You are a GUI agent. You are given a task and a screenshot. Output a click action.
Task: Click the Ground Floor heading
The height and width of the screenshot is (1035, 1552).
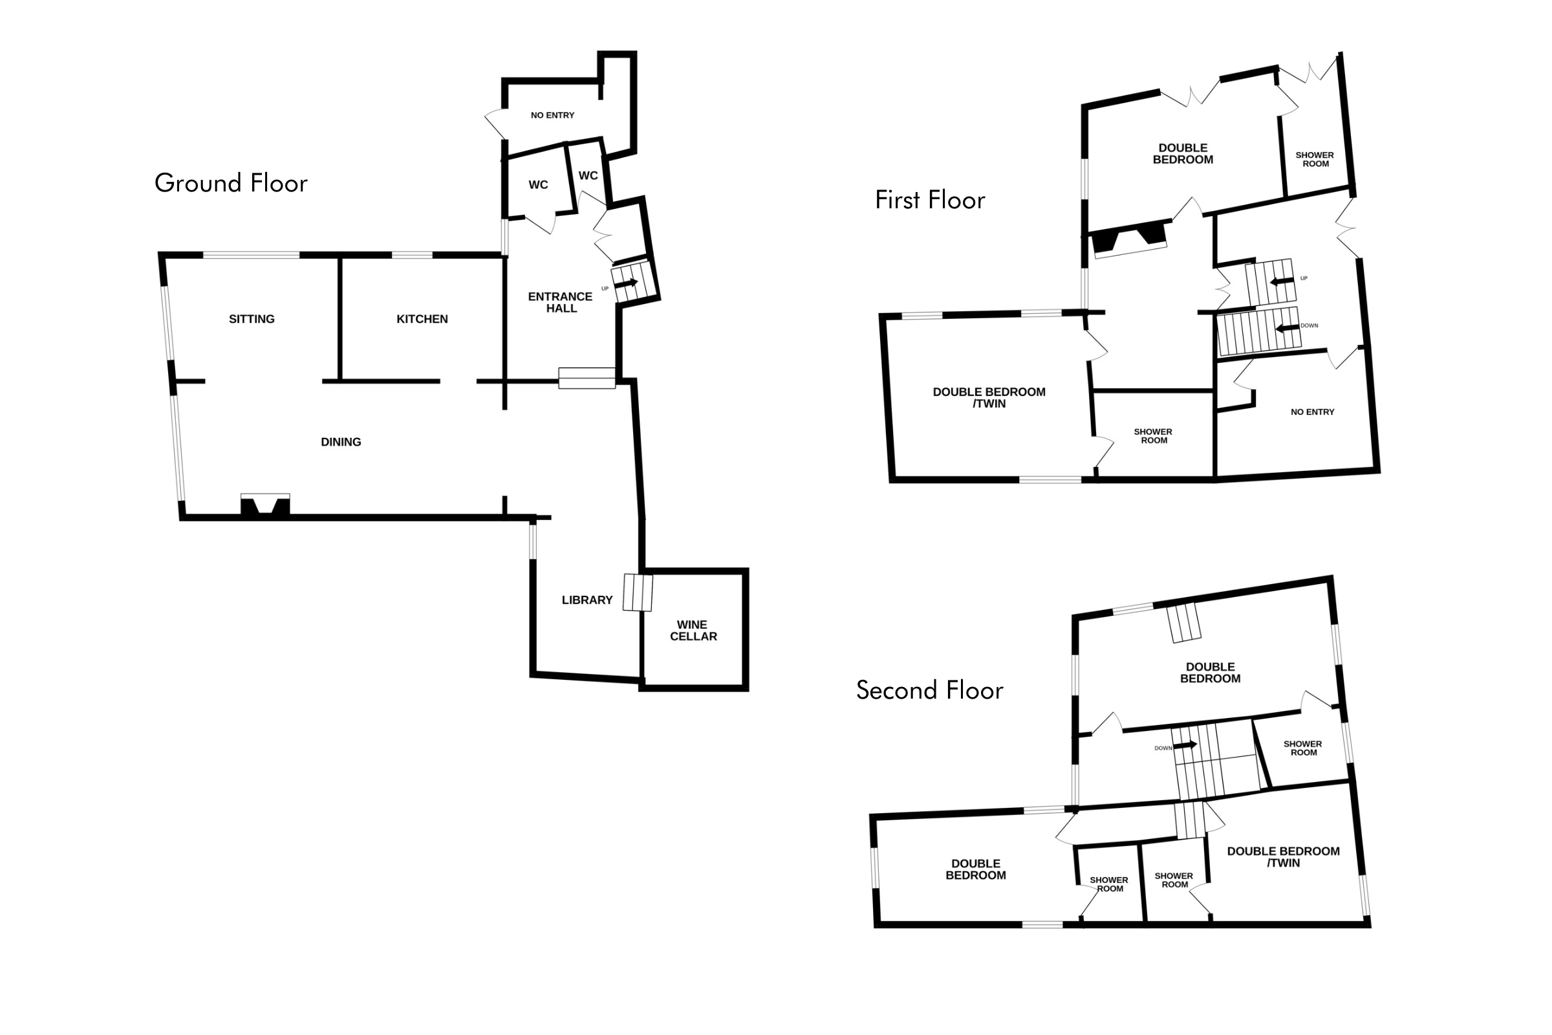coord(231,183)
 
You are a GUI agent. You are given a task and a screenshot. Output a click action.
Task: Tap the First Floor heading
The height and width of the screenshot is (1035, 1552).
coord(930,200)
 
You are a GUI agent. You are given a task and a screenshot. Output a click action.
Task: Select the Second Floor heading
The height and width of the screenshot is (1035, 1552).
coord(930,690)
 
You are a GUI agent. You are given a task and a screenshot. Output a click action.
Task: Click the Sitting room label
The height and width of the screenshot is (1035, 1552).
coord(252,320)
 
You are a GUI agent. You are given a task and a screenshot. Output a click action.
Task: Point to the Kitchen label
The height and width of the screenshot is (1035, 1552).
coord(422,320)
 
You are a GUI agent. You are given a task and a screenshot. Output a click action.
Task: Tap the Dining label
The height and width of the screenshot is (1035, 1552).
coord(341,442)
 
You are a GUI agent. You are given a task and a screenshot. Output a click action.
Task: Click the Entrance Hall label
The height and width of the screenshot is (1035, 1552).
coord(560,302)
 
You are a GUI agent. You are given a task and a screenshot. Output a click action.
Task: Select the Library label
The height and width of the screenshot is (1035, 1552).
coord(587,600)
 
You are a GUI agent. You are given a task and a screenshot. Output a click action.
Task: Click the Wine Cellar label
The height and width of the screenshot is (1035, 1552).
coord(693,630)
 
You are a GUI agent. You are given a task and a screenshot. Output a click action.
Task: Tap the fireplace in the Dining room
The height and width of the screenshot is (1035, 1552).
coord(265,505)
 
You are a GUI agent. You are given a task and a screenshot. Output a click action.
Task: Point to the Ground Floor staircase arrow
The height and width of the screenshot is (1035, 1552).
coord(627,283)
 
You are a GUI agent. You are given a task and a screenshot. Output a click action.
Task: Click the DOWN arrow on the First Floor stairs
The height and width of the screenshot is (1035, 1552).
coord(1288,328)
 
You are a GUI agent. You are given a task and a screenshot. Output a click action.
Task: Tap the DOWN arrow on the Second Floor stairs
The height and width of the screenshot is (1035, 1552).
coord(1186,745)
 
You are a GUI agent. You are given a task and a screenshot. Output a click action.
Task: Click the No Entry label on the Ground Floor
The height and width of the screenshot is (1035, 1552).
coord(552,116)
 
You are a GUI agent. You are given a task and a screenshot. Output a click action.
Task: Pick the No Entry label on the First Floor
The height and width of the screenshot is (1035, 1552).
coord(1313,412)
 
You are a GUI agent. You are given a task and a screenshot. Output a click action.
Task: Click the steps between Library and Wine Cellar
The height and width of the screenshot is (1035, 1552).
coord(638,593)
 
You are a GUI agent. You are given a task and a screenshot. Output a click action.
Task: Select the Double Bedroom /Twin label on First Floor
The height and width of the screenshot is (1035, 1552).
coord(989,398)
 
